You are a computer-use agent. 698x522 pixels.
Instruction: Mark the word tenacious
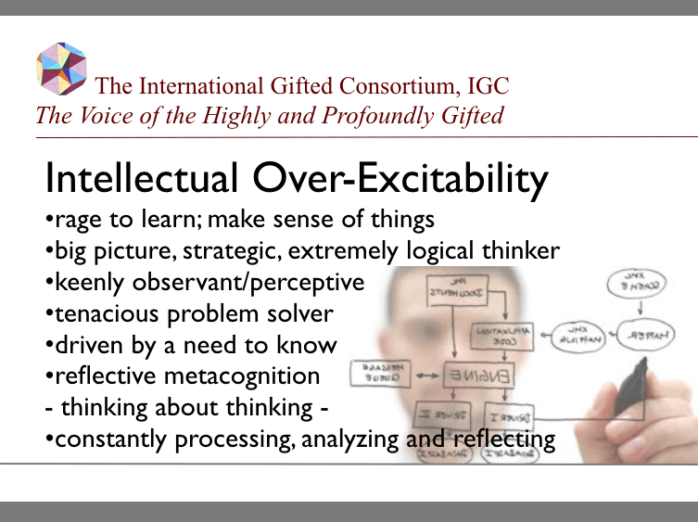(x=105, y=313)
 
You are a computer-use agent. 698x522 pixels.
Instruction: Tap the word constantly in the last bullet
(x=110, y=439)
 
